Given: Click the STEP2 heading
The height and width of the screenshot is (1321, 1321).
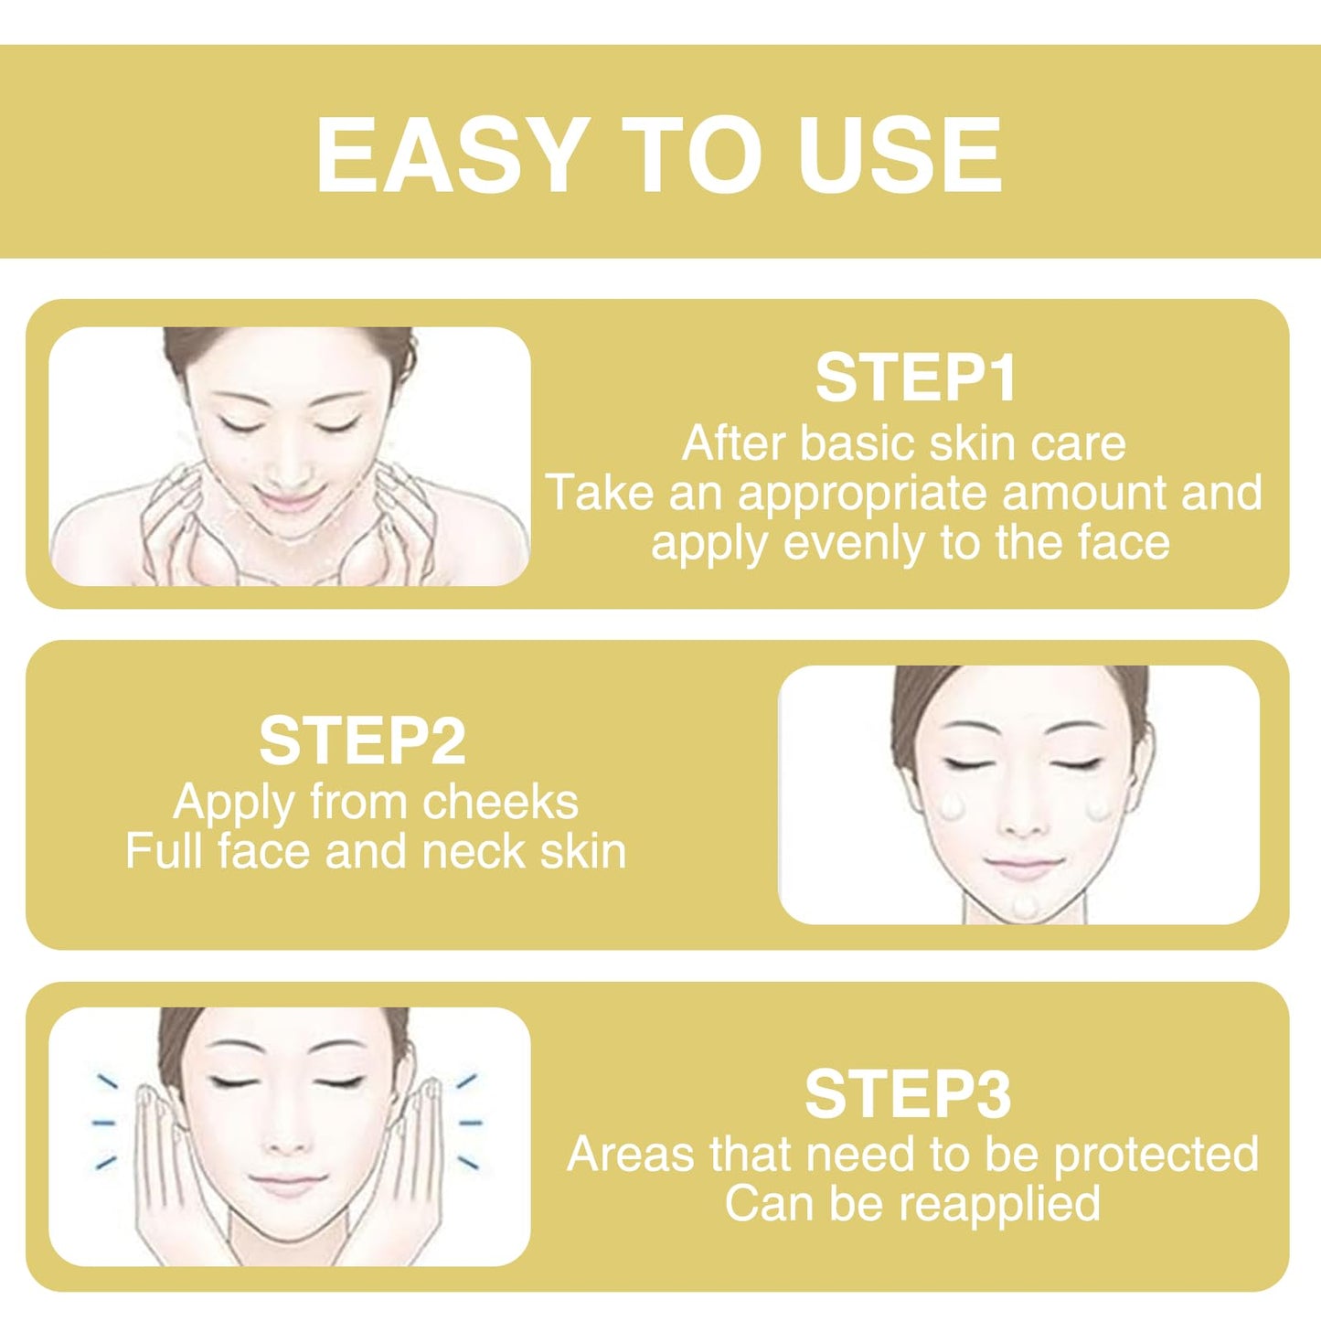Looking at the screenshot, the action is (363, 741).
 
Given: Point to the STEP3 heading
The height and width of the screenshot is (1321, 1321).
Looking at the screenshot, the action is (908, 1095).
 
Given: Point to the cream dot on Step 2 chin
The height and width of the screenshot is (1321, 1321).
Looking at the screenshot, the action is (1026, 906).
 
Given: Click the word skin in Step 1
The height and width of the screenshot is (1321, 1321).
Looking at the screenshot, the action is (969, 443).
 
